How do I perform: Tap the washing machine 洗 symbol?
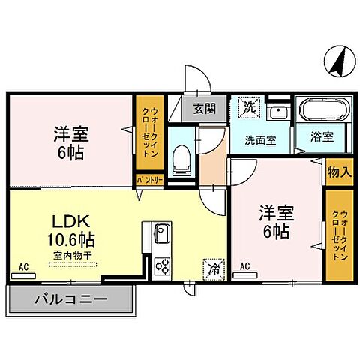click(248, 107)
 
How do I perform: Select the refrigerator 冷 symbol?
click(214, 266)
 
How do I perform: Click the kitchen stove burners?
click(162, 266)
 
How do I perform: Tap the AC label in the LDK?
click(22, 266)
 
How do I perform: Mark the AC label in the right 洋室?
click(244, 266)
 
